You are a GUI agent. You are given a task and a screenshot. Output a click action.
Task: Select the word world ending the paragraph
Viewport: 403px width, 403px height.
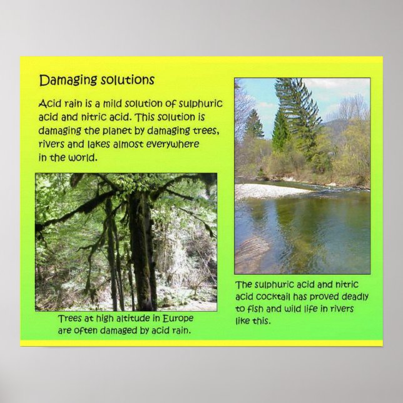point(83,157)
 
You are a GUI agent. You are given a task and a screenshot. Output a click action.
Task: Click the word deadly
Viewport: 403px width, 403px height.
point(353,297)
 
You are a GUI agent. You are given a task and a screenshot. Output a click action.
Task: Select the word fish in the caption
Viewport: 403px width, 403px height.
point(257,309)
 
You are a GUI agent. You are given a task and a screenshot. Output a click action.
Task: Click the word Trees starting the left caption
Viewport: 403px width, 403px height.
point(71,319)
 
